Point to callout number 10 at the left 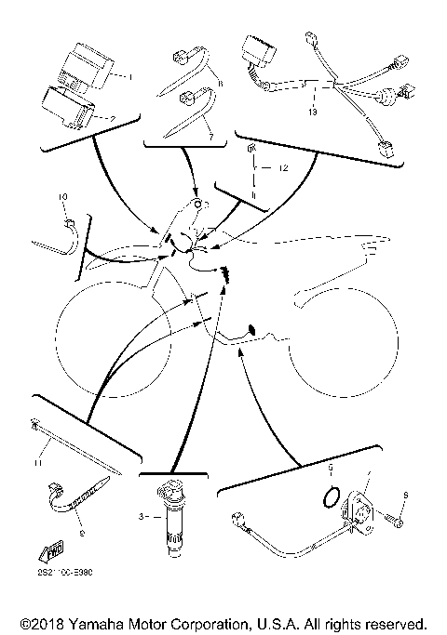[63, 197]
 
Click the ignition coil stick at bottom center [172, 521]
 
